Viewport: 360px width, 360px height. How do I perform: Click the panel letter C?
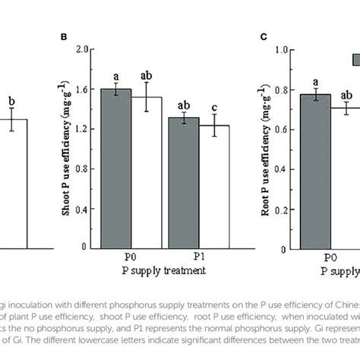pos(263,35)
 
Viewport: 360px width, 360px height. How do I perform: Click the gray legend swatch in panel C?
pos(355,58)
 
